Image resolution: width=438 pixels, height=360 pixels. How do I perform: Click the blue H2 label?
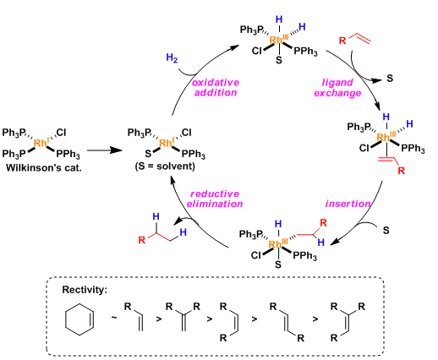(172, 57)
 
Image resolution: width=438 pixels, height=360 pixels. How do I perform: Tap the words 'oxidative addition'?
(216, 87)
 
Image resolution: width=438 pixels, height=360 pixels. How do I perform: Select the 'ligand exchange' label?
(337, 88)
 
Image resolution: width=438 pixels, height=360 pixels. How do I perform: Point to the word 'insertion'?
(348, 204)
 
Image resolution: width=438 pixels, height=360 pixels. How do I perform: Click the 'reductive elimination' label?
(215, 199)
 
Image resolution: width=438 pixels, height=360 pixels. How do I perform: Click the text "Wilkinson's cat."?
(44, 168)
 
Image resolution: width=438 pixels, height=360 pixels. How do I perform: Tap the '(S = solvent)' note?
(165, 166)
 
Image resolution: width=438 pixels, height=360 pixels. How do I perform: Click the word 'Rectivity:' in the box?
(85, 290)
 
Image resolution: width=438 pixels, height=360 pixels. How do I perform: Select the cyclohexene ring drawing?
(65, 319)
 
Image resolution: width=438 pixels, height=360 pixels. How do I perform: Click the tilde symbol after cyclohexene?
(114, 318)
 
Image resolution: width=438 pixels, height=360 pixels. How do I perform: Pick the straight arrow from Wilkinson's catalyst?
(104, 150)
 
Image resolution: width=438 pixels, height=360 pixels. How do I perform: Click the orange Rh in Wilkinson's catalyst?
(40, 143)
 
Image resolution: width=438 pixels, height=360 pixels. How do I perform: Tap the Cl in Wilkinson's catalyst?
(61, 133)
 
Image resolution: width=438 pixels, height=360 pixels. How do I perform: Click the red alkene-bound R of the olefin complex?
(402, 171)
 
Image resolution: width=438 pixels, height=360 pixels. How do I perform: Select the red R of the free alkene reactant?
(342, 41)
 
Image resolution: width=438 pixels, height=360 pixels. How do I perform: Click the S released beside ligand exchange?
(390, 78)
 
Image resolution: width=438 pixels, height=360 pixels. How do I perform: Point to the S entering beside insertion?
(386, 231)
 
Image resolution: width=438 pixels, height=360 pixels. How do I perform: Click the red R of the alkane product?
(142, 240)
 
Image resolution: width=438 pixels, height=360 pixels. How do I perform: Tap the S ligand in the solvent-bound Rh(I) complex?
(148, 154)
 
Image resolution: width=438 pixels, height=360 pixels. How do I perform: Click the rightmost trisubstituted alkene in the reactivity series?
(348, 321)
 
